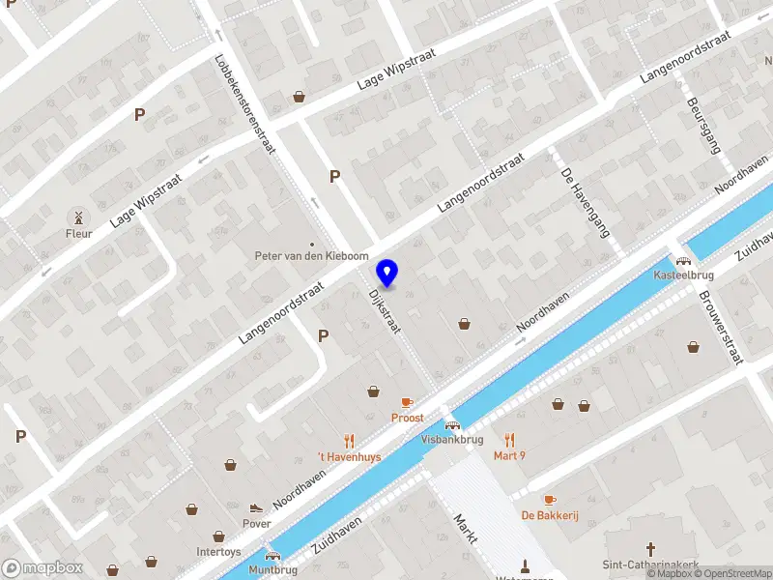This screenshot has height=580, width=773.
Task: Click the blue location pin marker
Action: pyautogui.click(x=387, y=273)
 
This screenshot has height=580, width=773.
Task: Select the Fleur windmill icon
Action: pyautogui.click(x=79, y=216)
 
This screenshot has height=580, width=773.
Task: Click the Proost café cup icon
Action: pyautogui.click(x=407, y=402)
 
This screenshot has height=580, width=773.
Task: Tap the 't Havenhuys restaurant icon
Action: pyautogui.click(x=350, y=441)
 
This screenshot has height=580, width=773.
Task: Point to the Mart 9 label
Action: pyautogui.click(x=509, y=455)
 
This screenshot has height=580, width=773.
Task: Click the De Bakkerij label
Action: pyautogui.click(x=549, y=515)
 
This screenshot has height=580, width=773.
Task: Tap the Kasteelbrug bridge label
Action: pyautogui.click(x=683, y=275)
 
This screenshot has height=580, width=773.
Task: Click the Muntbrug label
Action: pyautogui.click(x=273, y=570)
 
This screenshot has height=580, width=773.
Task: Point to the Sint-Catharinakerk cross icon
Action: pyautogui.click(x=651, y=548)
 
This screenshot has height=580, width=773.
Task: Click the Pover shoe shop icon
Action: pyautogui.click(x=256, y=507)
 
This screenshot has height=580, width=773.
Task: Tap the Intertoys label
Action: pyautogui.click(x=218, y=552)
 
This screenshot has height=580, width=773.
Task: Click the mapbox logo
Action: pyautogui.click(x=42, y=568)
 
